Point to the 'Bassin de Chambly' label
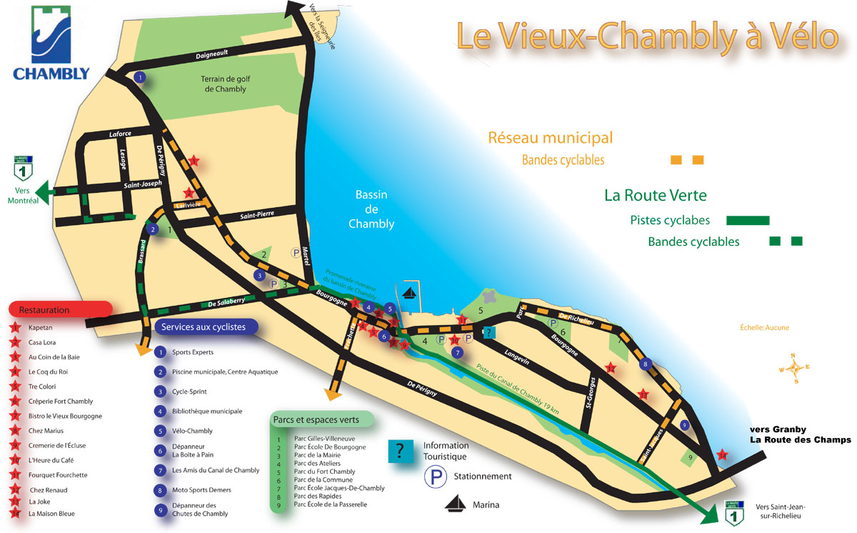[371, 209]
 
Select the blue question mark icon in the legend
[400, 451]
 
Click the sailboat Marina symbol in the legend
[456, 504]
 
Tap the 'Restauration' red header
[60, 310]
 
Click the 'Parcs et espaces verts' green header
[315, 419]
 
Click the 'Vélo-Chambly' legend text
[192, 431]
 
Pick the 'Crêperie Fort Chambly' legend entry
[61, 402]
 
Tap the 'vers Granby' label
[778, 429]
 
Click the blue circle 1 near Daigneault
[140, 78]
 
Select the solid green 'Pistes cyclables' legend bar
[748, 220]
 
